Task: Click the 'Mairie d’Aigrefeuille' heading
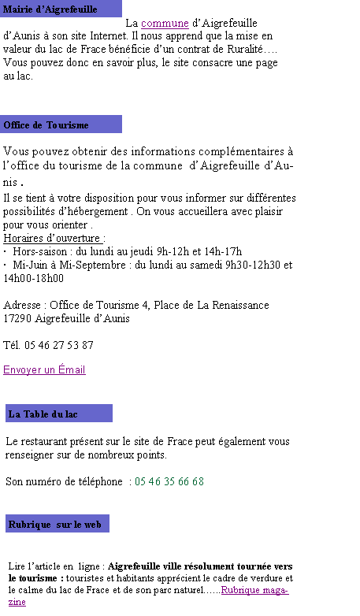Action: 50,9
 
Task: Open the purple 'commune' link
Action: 165,23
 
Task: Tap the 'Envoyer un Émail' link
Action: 44,369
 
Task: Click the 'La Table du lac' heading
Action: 43,414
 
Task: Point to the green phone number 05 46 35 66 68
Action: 169,481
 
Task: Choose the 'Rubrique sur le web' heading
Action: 54,525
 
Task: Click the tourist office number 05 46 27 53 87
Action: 59,345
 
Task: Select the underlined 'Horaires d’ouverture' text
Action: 53,238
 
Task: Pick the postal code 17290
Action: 17,318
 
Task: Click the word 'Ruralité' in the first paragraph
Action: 245,49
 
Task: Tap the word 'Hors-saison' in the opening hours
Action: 40,251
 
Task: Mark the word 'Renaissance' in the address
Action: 240,305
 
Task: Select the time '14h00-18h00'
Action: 33,278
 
